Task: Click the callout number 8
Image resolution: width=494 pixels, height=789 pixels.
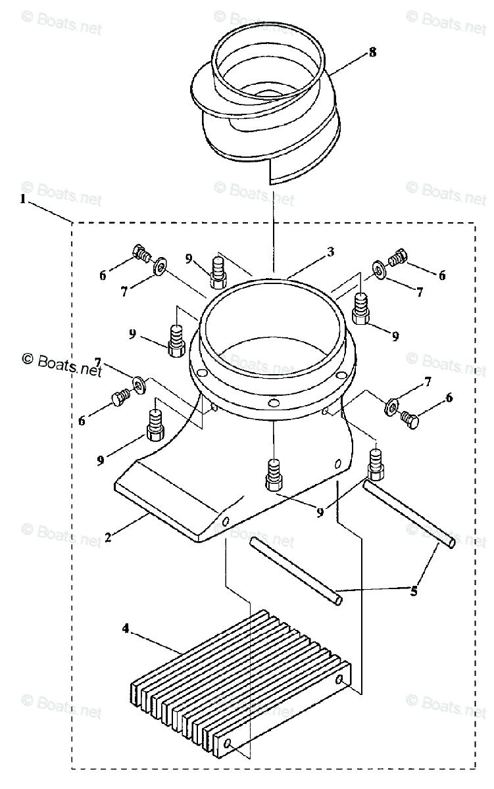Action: pyautogui.click(x=372, y=52)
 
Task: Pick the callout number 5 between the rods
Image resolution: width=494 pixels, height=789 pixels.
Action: pyautogui.click(x=414, y=590)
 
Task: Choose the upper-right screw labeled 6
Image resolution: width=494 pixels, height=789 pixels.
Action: pyautogui.click(x=397, y=259)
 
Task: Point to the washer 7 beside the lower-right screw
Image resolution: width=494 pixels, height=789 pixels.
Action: pyautogui.click(x=391, y=408)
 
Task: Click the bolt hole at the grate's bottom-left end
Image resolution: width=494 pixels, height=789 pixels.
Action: pyautogui.click(x=227, y=744)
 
